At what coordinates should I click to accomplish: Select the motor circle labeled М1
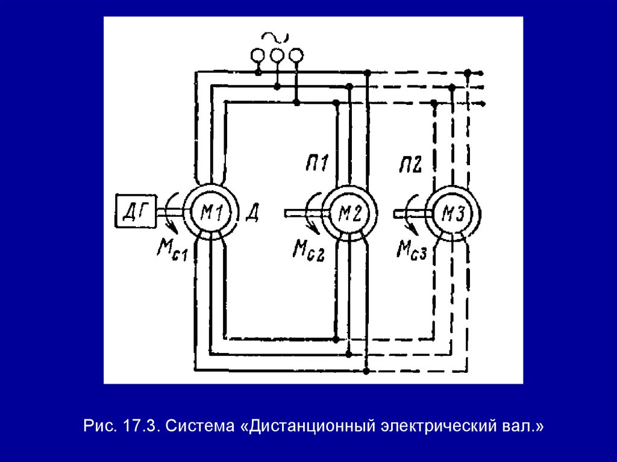209,212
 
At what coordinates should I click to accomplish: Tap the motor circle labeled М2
349,212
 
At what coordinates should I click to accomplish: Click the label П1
315,163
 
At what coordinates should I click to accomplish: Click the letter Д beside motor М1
252,212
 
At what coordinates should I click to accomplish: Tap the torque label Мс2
310,249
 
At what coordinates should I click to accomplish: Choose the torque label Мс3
413,249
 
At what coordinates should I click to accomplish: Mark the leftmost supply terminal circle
258,56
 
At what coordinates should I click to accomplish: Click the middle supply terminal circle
277,56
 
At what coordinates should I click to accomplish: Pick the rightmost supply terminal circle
295,56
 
